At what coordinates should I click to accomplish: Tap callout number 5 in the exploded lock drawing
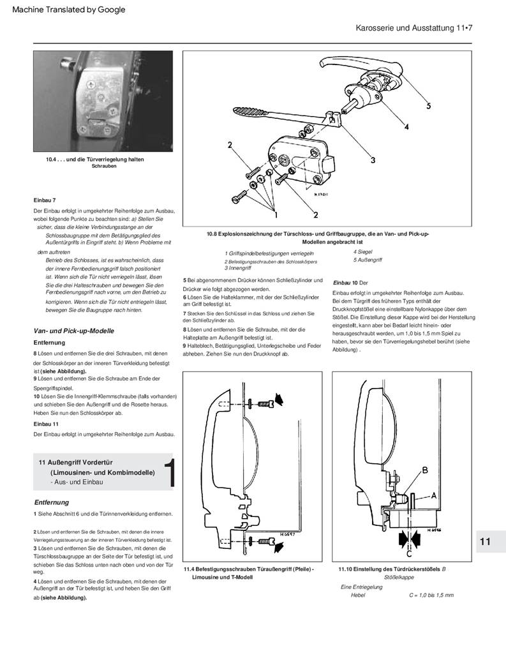429,105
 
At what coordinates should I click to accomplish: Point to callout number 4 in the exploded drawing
406,126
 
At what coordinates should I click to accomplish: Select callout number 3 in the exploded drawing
373,160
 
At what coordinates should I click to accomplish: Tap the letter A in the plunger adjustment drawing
433,495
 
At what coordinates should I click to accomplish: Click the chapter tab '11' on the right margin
485,541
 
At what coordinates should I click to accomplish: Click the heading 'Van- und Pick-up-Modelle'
73,331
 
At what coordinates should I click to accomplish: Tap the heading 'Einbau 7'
45,200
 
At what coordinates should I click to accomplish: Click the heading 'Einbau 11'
47,423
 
